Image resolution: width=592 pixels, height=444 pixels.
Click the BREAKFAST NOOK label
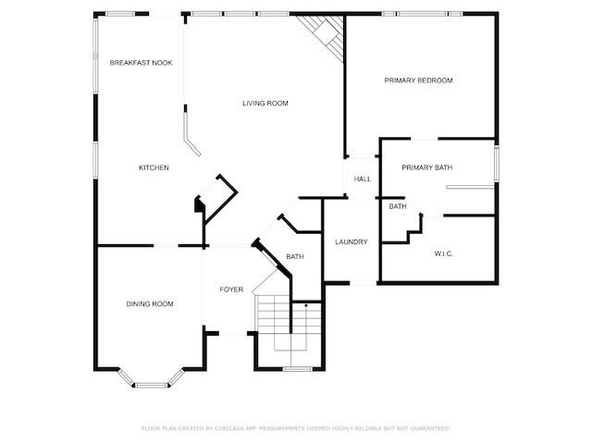click(x=141, y=63)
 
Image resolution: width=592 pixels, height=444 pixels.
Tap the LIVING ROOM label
click(x=265, y=103)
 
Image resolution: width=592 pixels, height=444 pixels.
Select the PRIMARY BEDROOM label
click(x=418, y=80)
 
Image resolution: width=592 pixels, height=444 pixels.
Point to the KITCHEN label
click(x=154, y=167)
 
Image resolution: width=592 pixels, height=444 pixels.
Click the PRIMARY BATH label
click(x=427, y=167)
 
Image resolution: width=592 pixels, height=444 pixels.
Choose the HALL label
click(x=363, y=179)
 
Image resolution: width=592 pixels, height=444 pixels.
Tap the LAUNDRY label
click(x=351, y=241)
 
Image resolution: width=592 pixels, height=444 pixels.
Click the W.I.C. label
click(x=444, y=253)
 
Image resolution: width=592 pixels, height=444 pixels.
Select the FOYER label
click(x=231, y=290)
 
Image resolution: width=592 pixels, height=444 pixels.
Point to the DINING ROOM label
click(x=150, y=304)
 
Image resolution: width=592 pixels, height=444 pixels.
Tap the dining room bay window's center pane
click(x=151, y=385)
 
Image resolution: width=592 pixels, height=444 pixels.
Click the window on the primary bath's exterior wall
click(x=497, y=164)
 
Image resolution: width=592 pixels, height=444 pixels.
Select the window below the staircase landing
click(x=298, y=369)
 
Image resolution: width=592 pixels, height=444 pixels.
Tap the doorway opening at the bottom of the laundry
click(x=363, y=282)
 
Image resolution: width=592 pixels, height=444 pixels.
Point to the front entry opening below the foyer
click(x=233, y=334)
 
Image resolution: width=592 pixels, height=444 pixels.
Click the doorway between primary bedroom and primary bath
click(x=424, y=139)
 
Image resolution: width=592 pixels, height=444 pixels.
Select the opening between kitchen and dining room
click(x=166, y=246)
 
